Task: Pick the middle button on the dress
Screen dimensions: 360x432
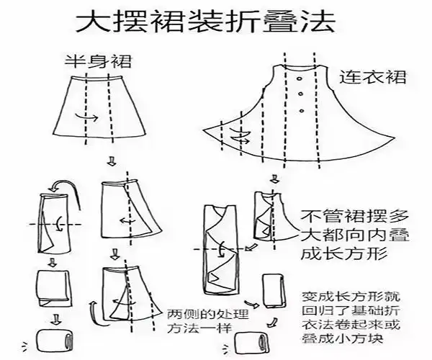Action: point(300,94)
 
